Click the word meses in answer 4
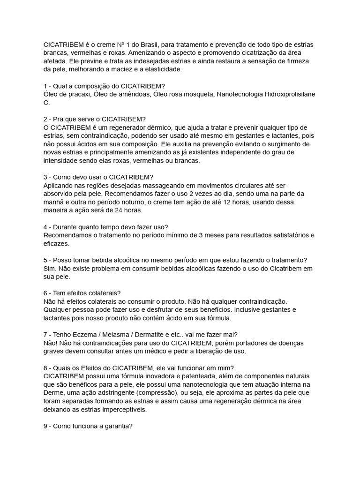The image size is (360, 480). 211,235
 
